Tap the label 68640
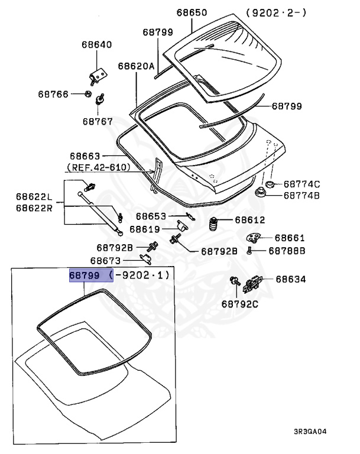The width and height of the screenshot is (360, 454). [x=96, y=45]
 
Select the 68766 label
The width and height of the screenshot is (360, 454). [x=54, y=94]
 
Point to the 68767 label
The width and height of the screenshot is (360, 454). [x=98, y=121]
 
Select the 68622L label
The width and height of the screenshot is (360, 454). [x=34, y=197]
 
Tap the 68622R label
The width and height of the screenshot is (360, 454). [x=34, y=208]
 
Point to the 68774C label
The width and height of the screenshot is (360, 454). [x=301, y=184]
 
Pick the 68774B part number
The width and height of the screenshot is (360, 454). [x=301, y=195]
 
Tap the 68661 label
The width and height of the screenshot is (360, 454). [x=290, y=238]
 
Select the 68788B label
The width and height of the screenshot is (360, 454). [x=287, y=251]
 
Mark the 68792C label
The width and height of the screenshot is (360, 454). [x=241, y=305]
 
